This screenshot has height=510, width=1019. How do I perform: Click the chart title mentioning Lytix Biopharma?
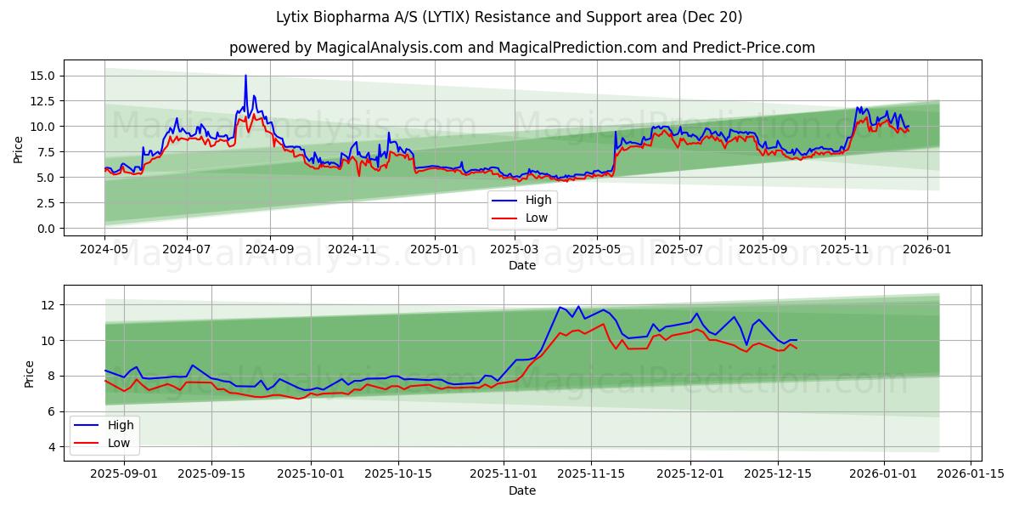(x=509, y=17)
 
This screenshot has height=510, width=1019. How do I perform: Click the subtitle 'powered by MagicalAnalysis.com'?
(x=521, y=48)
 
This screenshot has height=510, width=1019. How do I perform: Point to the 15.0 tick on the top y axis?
(x=42, y=76)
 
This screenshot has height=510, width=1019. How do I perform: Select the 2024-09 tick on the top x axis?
(x=270, y=250)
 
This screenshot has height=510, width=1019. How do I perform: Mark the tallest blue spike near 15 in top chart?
(x=246, y=76)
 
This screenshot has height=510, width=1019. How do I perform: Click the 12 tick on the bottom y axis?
(x=48, y=305)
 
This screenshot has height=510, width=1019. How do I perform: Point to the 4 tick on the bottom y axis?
(x=52, y=447)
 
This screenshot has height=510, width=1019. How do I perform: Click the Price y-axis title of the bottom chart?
(x=30, y=373)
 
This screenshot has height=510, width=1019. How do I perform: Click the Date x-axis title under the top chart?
(x=521, y=265)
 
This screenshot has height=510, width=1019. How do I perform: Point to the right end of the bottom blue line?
(x=797, y=340)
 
